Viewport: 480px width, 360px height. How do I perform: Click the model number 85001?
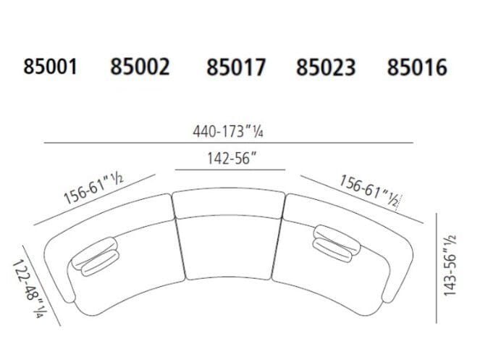[x=50, y=67]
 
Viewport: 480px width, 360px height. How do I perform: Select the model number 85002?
[x=140, y=67]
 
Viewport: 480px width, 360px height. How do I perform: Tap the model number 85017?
[x=236, y=68]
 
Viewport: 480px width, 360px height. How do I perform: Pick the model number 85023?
[x=326, y=68]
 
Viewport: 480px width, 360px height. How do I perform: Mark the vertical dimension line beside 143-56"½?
[x=437, y=268]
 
